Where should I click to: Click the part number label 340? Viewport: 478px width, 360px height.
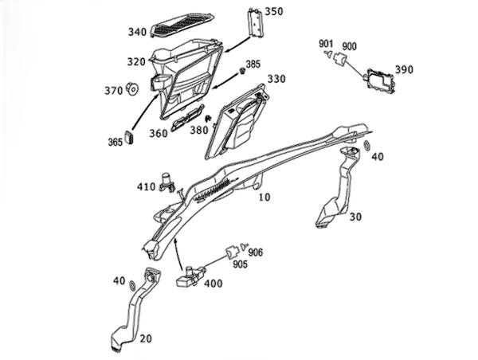[x=137, y=32]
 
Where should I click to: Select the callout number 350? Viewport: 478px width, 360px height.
[x=273, y=12]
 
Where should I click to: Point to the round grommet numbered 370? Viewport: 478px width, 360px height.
[x=132, y=88]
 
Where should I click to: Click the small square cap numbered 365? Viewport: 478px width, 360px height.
[x=130, y=137]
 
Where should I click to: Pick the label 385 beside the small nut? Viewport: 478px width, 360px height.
[x=253, y=65]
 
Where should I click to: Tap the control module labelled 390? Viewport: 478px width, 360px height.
[x=379, y=81]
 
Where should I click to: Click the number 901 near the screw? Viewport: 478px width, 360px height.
[x=326, y=44]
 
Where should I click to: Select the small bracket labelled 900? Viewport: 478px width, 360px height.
[x=339, y=58]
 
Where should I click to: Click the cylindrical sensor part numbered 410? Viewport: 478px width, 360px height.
[x=167, y=182]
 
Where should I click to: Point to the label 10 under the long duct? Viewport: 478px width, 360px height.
[x=264, y=198]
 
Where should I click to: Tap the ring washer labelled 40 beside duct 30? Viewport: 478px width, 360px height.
[x=367, y=146]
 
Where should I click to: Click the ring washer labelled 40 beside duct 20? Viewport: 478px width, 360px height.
[x=132, y=285]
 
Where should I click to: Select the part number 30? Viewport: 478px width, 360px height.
[x=355, y=217]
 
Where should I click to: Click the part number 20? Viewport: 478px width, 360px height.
[x=146, y=338]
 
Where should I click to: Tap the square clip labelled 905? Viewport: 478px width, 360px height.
[x=232, y=252]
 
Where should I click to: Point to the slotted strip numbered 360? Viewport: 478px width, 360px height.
[x=188, y=118]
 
